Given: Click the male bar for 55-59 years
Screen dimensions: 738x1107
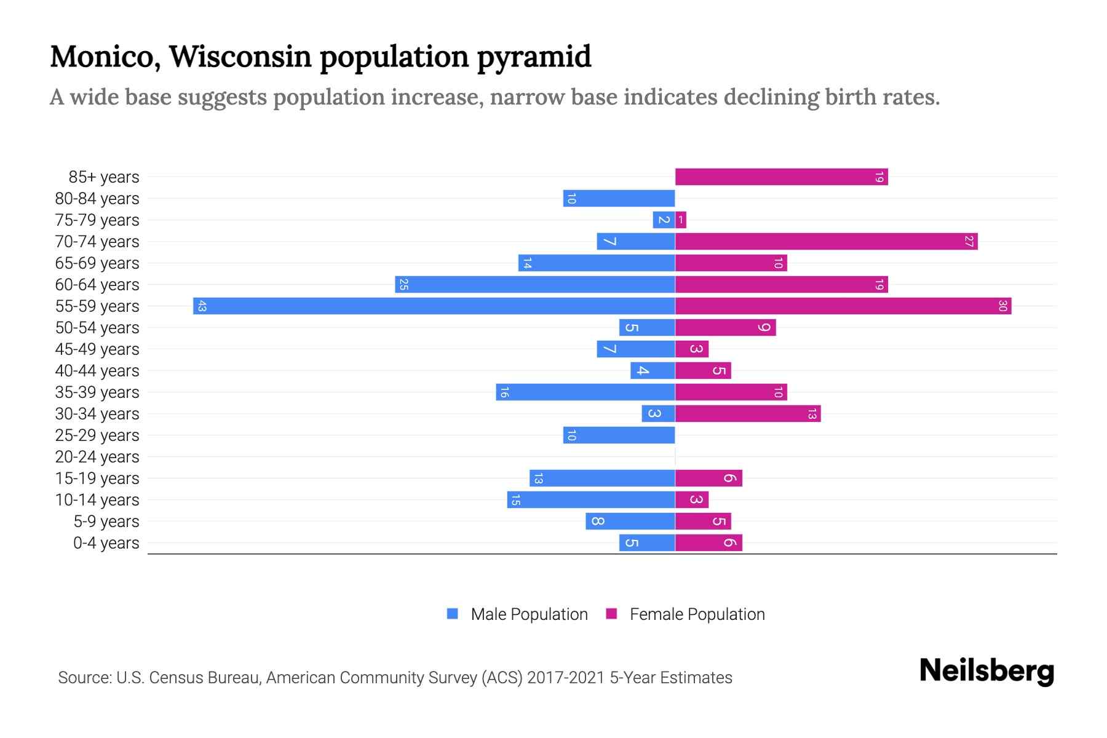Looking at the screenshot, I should (434, 306).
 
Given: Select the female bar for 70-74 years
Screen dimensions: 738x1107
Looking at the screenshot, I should (826, 241).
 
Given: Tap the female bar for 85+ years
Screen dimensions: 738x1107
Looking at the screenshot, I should (781, 177).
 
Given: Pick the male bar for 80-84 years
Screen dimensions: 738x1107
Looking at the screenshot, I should (619, 198).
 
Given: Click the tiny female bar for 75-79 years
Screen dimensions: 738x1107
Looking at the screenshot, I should (681, 220).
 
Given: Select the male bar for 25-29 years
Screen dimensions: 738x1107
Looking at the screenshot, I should (619, 435).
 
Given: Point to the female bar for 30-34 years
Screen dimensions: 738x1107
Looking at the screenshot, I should (748, 413).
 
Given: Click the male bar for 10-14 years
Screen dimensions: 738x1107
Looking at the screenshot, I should (590, 499).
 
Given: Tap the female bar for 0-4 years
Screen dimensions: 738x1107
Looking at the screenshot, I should (708, 542).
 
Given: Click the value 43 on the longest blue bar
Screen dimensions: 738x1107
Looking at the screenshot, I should (202, 306).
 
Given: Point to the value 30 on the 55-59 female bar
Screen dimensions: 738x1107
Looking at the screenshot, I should (1002, 306).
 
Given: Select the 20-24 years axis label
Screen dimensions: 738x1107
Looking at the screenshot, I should (97, 457).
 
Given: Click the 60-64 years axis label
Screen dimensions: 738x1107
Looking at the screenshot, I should (97, 285).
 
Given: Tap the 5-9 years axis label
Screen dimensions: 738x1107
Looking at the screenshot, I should (106, 522).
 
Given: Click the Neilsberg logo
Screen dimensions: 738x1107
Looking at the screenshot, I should (986, 670).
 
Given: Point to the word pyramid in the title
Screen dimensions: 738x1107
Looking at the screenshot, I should (534, 57).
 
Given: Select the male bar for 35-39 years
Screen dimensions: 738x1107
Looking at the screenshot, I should (585, 392).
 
